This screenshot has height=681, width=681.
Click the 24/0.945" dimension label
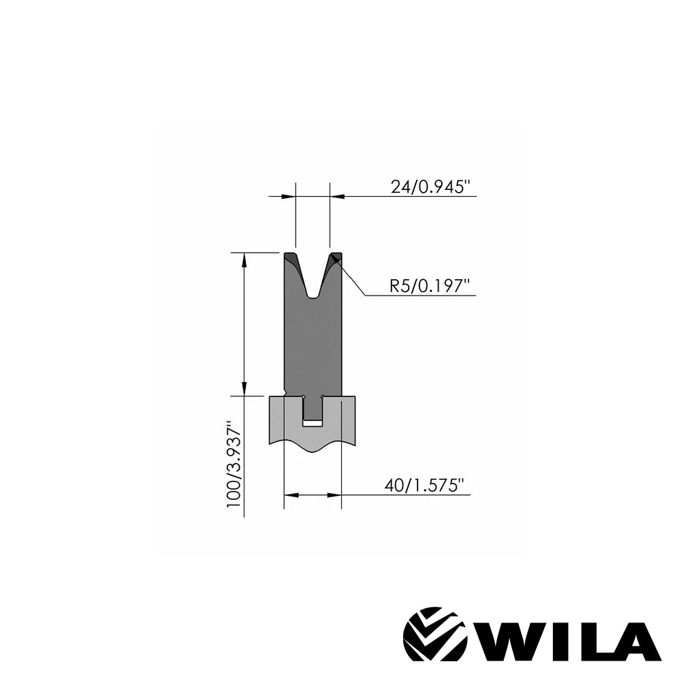[x=431, y=187]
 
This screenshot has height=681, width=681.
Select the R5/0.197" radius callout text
[x=430, y=286]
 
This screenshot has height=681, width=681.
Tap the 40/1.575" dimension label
[x=424, y=486]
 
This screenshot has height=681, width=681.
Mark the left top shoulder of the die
[x=290, y=257]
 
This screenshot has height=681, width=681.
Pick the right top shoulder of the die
[x=336, y=257]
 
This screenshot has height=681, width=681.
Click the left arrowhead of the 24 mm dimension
[x=291, y=196]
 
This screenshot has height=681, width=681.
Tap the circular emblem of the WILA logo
[x=434, y=637]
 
